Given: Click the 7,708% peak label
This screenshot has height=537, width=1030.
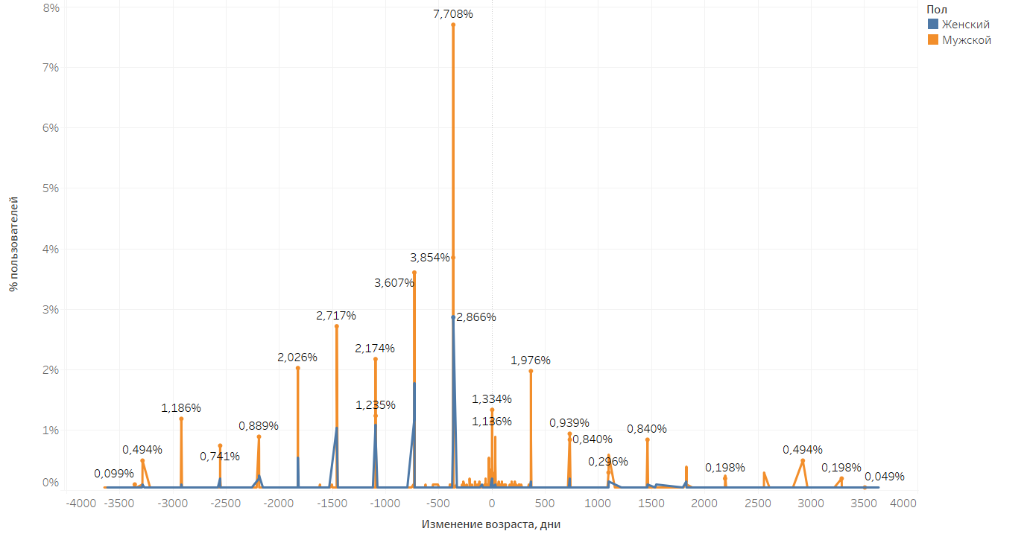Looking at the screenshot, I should click(x=452, y=14).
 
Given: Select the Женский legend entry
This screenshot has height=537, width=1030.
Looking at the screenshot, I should click(x=965, y=25).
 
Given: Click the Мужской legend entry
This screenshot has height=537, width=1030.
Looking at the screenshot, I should click(x=966, y=40).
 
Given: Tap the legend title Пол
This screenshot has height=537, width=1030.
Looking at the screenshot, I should click(x=937, y=9).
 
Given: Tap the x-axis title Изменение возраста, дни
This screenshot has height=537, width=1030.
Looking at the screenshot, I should click(x=490, y=524).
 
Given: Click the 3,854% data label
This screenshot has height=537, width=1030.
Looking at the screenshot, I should click(x=430, y=258).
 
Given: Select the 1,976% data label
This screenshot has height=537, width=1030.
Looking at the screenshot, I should click(x=531, y=360).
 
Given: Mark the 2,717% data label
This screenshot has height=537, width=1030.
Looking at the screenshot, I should click(x=336, y=316).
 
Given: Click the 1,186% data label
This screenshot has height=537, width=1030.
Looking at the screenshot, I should click(x=181, y=408).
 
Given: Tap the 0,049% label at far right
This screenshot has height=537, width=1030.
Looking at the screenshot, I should click(x=885, y=477).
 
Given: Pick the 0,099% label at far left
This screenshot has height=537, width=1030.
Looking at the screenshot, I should click(x=114, y=474).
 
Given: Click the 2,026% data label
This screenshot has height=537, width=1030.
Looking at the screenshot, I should click(x=297, y=358).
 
